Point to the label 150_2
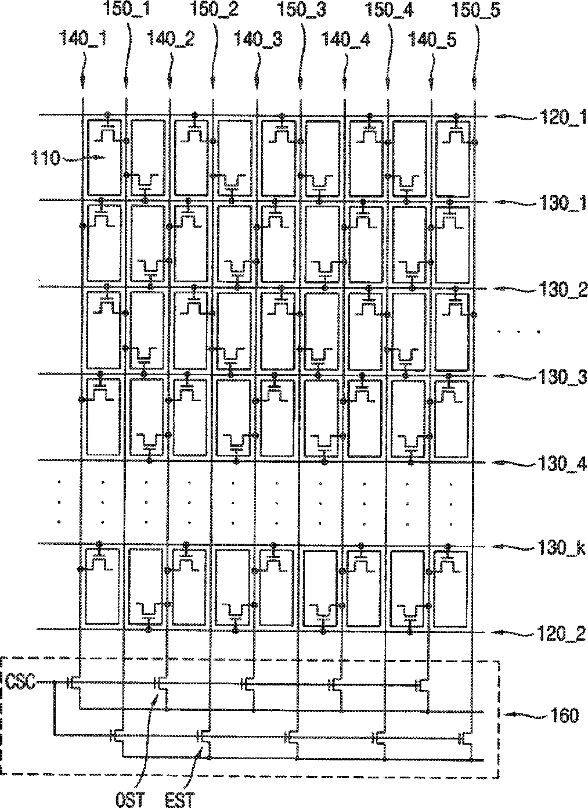(214, 11)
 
